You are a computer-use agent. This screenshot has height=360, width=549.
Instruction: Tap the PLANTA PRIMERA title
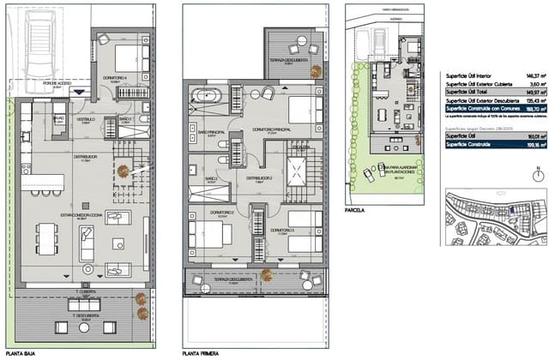(x=200, y=352)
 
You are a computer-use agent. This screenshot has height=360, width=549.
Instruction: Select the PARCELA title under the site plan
(x=354, y=208)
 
